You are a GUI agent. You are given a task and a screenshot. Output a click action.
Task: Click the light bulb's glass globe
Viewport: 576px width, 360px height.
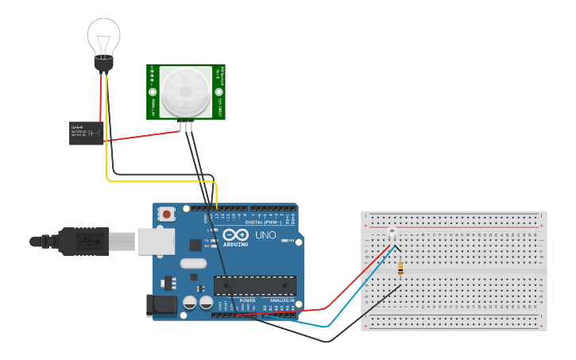click(x=103, y=35)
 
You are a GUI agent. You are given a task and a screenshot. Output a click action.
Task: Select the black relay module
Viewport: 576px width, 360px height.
click(x=86, y=133)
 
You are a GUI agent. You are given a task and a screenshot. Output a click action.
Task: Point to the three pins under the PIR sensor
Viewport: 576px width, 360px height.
click(x=186, y=126)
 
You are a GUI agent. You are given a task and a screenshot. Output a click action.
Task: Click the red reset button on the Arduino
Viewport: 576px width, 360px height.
click(x=167, y=214)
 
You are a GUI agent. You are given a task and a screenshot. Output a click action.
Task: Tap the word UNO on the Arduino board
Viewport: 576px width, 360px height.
click(x=265, y=235)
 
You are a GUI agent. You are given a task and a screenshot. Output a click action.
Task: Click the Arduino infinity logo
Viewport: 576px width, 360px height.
click(x=235, y=234)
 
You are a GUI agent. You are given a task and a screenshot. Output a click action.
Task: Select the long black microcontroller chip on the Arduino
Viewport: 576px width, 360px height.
click(x=255, y=285)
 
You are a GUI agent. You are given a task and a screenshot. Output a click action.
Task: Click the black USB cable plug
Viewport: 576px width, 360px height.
click(x=83, y=242)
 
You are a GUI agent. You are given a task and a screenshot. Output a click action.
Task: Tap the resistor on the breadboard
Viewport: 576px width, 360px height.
click(x=400, y=269)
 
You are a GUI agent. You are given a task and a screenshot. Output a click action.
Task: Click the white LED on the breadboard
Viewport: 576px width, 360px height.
click(x=392, y=232)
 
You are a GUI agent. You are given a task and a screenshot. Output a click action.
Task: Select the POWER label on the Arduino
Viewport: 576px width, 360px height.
click(x=247, y=300)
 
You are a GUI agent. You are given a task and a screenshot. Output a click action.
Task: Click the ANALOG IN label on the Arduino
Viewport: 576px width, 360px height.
click(x=281, y=300)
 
